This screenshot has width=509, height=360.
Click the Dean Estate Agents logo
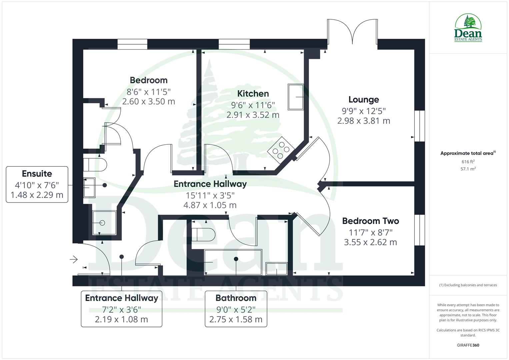[x=468, y=28]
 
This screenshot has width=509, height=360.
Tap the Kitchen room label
[x=253, y=94]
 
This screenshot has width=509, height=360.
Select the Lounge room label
[x=364, y=99]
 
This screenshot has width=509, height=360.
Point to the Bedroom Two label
[x=370, y=221]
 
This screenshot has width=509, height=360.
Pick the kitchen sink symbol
[x=296, y=97]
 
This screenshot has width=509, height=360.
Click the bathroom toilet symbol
[x=203, y=234]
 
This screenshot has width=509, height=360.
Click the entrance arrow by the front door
[x=74, y=259]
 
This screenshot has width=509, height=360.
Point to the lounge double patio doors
[x=352, y=32]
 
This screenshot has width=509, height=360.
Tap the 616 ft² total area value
[x=468, y=162]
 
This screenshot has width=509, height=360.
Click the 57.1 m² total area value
[x=468, y=169]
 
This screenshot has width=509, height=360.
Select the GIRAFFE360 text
[x=468, y=345]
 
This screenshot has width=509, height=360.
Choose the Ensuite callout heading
[x=37, y=174]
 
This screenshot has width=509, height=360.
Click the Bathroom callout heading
[x=236, y=298]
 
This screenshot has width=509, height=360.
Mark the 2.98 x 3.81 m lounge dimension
[x=364, y=121]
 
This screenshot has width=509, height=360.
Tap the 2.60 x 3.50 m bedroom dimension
[x=149, y=101]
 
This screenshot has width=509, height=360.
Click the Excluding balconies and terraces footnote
[x=468, y=285]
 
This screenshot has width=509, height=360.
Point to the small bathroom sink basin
[x=276, y=269]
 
